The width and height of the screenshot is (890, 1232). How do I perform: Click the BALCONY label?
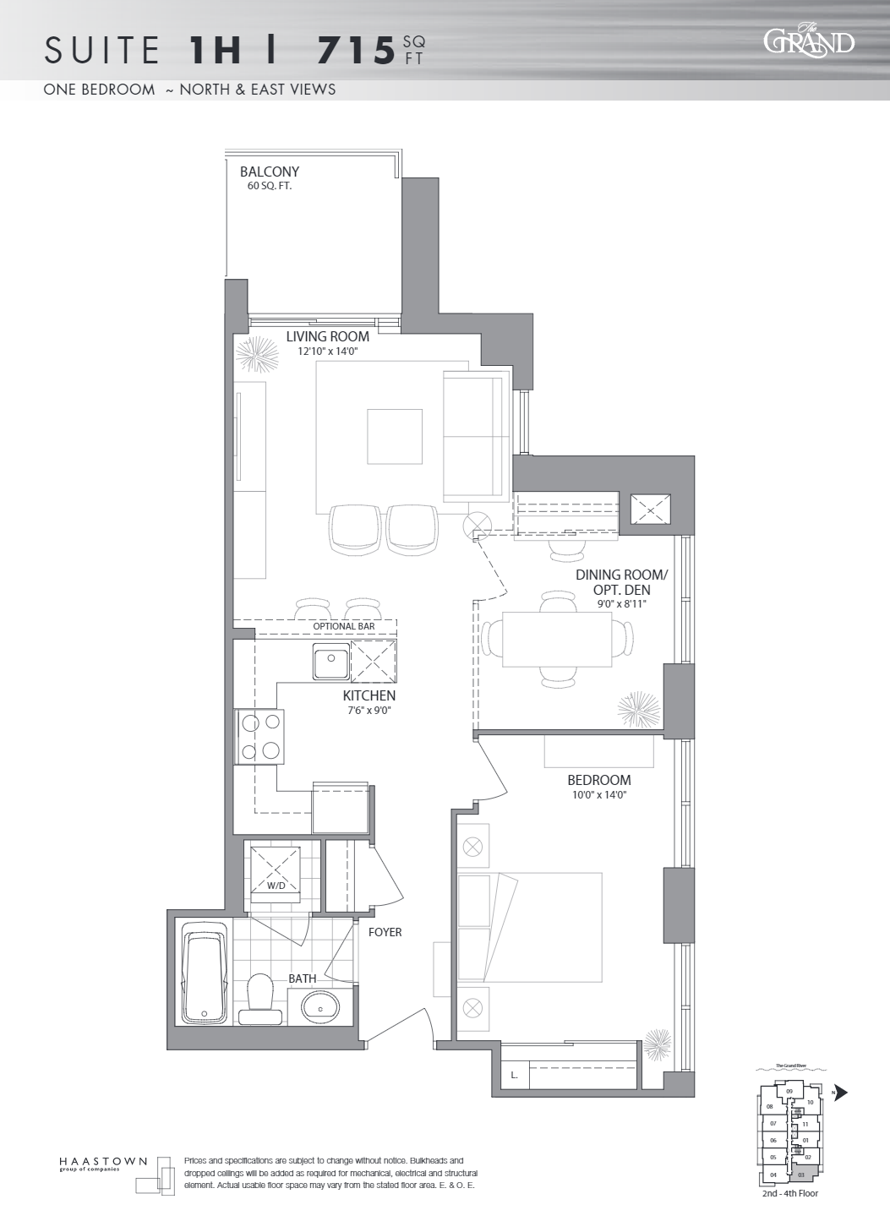(269, 172)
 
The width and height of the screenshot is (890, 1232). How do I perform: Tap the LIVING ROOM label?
(327, 336)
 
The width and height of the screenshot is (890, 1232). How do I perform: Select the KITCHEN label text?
(369, 695)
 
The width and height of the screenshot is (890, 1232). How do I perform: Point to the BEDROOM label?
(598, 780)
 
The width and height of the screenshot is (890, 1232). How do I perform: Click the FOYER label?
(385, 932)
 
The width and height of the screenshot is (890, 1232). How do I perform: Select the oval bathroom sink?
(320, 1006)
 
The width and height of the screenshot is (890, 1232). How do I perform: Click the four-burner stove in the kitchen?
(259, 737)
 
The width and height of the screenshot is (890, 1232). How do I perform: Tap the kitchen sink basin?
(330, 661)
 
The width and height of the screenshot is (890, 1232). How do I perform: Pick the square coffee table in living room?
(395, 436)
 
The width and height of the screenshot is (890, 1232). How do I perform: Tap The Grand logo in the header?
(808, 41)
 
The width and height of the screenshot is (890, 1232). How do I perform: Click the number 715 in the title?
(356, 52)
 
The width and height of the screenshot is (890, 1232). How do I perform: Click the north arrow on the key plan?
(840, 1093)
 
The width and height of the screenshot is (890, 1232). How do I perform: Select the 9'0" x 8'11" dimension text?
(621, 603)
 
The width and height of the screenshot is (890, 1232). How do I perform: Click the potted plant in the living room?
(257, 354)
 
